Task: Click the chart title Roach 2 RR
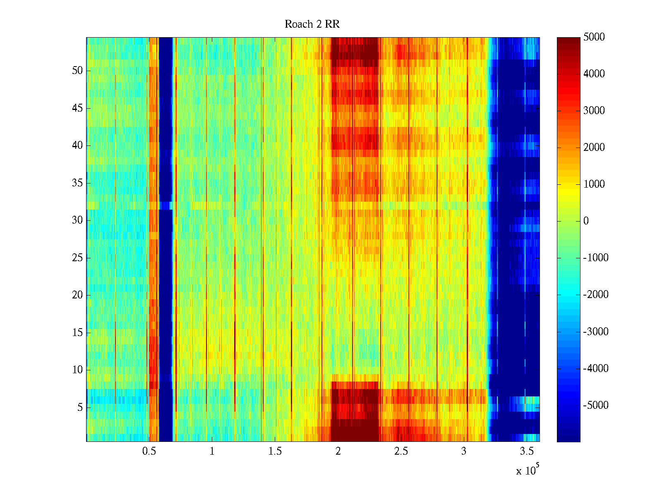pyautogui.click(x=312, y=24)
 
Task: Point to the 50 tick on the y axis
pyautogui.click(x=77, y=71)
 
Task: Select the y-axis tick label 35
pyautogui.click(x=77, y=183)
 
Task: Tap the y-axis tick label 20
pyautogui.click(x=77, y=295)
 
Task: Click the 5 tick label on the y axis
pyautogui.click(x=80, y=408)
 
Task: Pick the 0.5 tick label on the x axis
pyautogui.click(x=149, y=451)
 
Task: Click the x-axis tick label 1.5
pyautogui.click(x=275, y=451)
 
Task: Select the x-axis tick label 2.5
pyautogui.click(x=401, y=451)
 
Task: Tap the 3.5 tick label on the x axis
pyautogui.click(x=527, y=451)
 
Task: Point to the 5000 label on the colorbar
pyautogui.click(x=594, y=37)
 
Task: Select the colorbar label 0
pyautogui.click(x=586, y=221)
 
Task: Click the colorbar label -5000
pyautogui.click(x=596, y=405)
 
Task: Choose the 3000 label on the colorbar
pyautogui.click(x=594, y=111)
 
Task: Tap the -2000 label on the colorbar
pyautogui.click(x=596, y=295)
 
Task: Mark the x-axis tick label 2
pyautogui.click(x=338, y=451)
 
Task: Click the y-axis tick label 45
pyautogui.click(x=77, y=108)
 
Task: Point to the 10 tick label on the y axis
pyautogui.click(x=77, y=370)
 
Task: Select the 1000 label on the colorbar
pyautogui.click(x=594, y=184)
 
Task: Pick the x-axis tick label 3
pyautogui.click(x=464, y=451)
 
